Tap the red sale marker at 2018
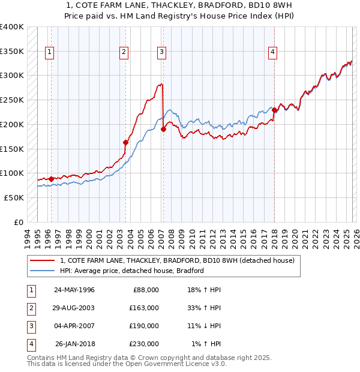click(x=274, y=110)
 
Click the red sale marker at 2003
click(x=125, y=142)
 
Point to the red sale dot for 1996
click(x=51, y=179)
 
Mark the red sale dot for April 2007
click(x=163, y=129)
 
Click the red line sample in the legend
click(x=41, y=261)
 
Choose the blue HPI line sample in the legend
click(x=41, y=271)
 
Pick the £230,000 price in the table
click(x=144, y=344)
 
